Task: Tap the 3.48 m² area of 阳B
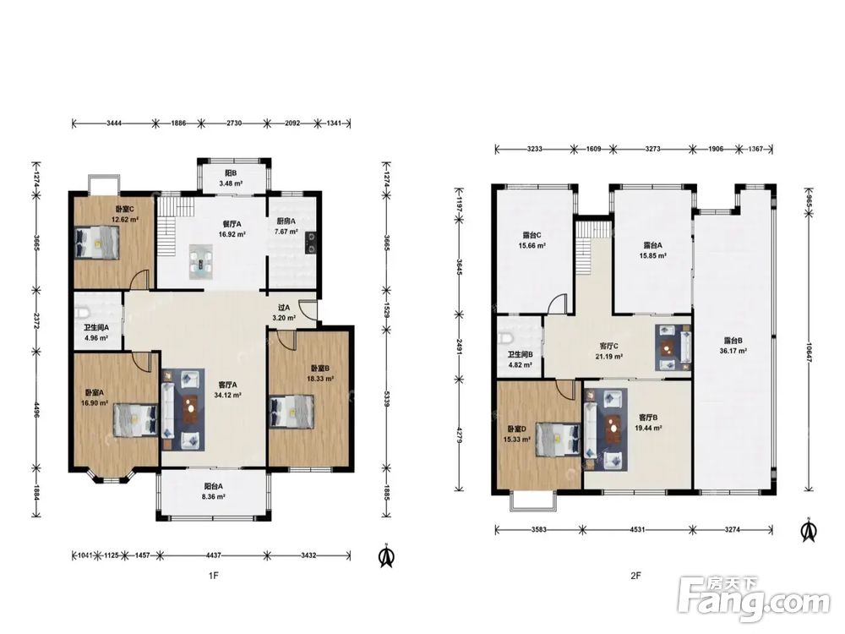click(231, 183)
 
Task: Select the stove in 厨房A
click(311, 243)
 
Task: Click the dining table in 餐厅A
click(202, 262)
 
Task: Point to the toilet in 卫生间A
click(81, 312)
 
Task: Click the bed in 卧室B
click(292, 413)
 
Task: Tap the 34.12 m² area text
click(227, 395)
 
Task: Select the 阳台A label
click(214, 486)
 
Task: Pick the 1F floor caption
click(214, 576)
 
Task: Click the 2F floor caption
click(636, 576)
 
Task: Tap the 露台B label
click(733, 341)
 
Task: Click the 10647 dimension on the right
click(809, 351)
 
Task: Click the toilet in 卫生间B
click(504, 339)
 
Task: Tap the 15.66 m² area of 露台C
click(532, 245)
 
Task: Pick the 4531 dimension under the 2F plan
click(637, 529)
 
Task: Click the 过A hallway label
click(284, 308)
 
